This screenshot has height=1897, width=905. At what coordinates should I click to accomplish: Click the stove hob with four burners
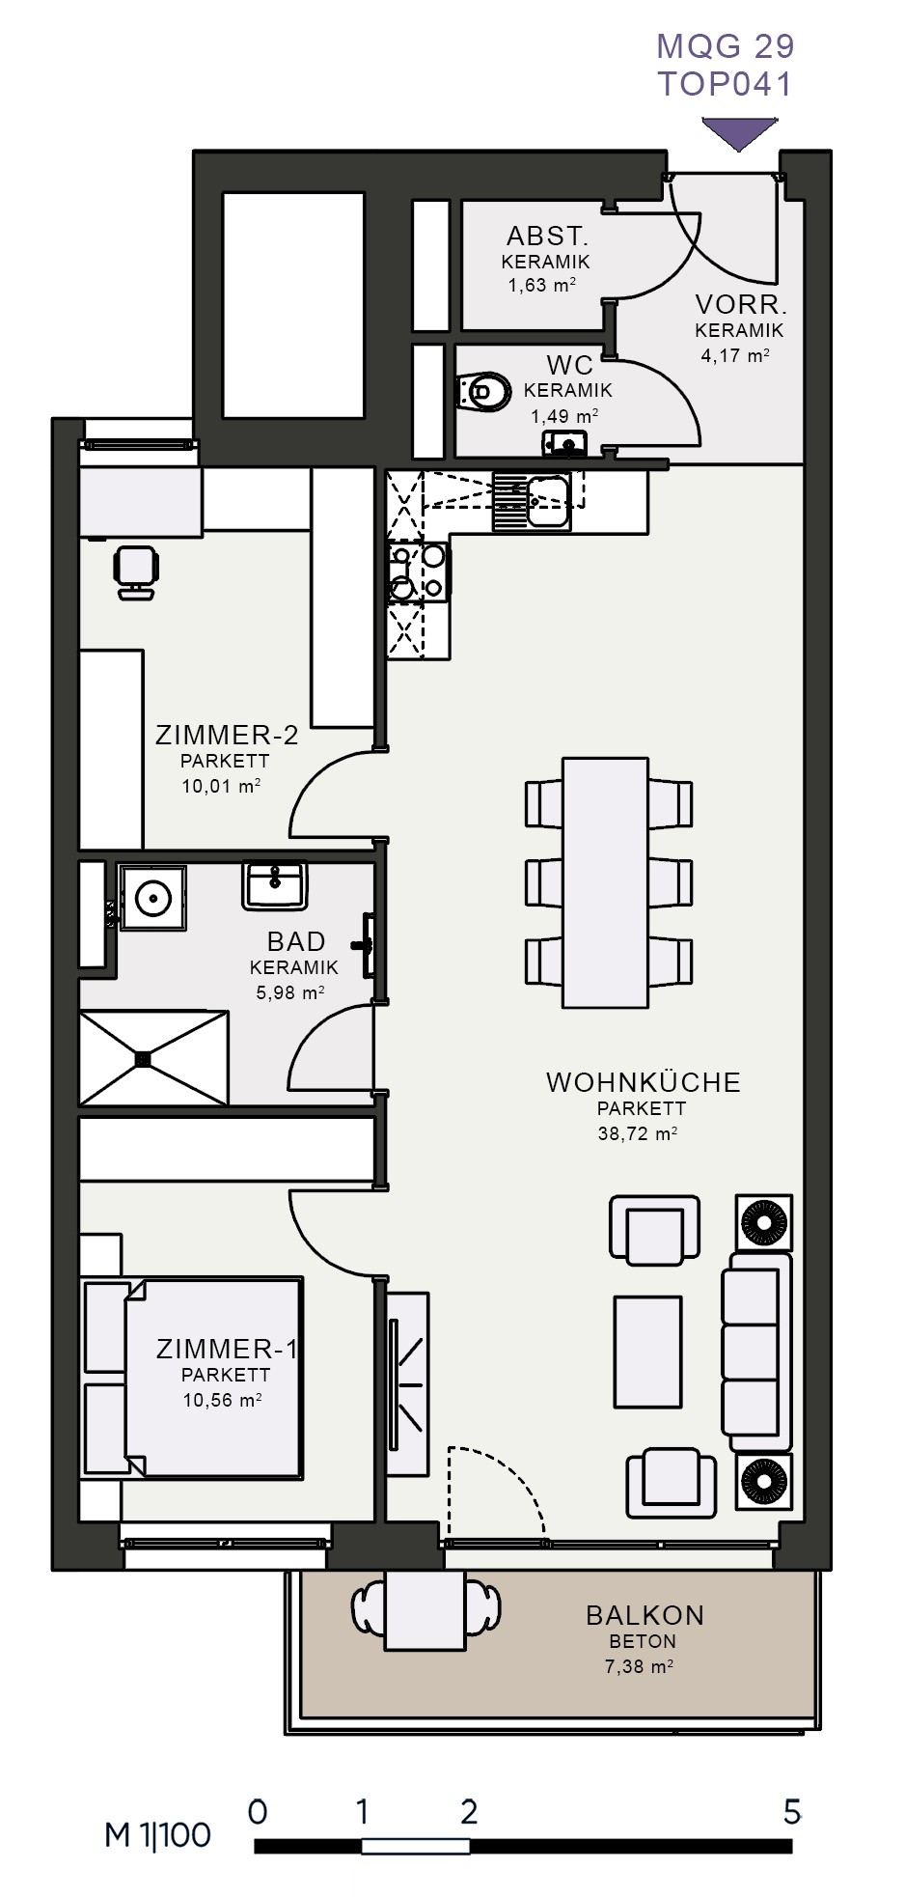click(x=419, y=572)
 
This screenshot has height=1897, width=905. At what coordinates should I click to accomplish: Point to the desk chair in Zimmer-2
click(x=136, y=572)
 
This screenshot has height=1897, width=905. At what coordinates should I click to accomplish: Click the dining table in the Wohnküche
click(x=606, y=882)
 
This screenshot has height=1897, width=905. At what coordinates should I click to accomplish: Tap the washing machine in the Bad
click(x=152, y=898)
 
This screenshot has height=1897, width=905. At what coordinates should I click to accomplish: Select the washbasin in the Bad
click(x=275, y=885)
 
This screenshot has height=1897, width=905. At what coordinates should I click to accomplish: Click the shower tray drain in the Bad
click(x=144, y=1059)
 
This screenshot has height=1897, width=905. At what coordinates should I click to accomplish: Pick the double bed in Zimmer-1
click(x=193, y=1379)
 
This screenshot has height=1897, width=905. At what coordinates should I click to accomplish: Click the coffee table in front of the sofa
click(x=647, y=1352)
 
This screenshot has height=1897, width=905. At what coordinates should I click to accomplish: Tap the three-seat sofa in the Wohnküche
click(x=757, y=1352)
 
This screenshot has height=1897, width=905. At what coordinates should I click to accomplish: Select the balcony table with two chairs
click(x=425, y=1610)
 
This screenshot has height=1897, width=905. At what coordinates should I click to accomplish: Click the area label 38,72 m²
click(x=637, y=1133)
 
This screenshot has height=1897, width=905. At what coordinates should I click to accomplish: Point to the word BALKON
click(x=644, y=1615)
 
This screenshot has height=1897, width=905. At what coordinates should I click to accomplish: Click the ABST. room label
click(x=547, y=236)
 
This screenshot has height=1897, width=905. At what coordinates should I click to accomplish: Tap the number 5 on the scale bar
click(x=792, y=1811)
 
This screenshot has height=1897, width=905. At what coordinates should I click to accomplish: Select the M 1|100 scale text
click(x=157, y=1835)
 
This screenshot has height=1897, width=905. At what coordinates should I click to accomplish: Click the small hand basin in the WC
click(x=564, y=443)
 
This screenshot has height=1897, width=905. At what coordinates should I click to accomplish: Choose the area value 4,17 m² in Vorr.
click(x=735, y=355)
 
